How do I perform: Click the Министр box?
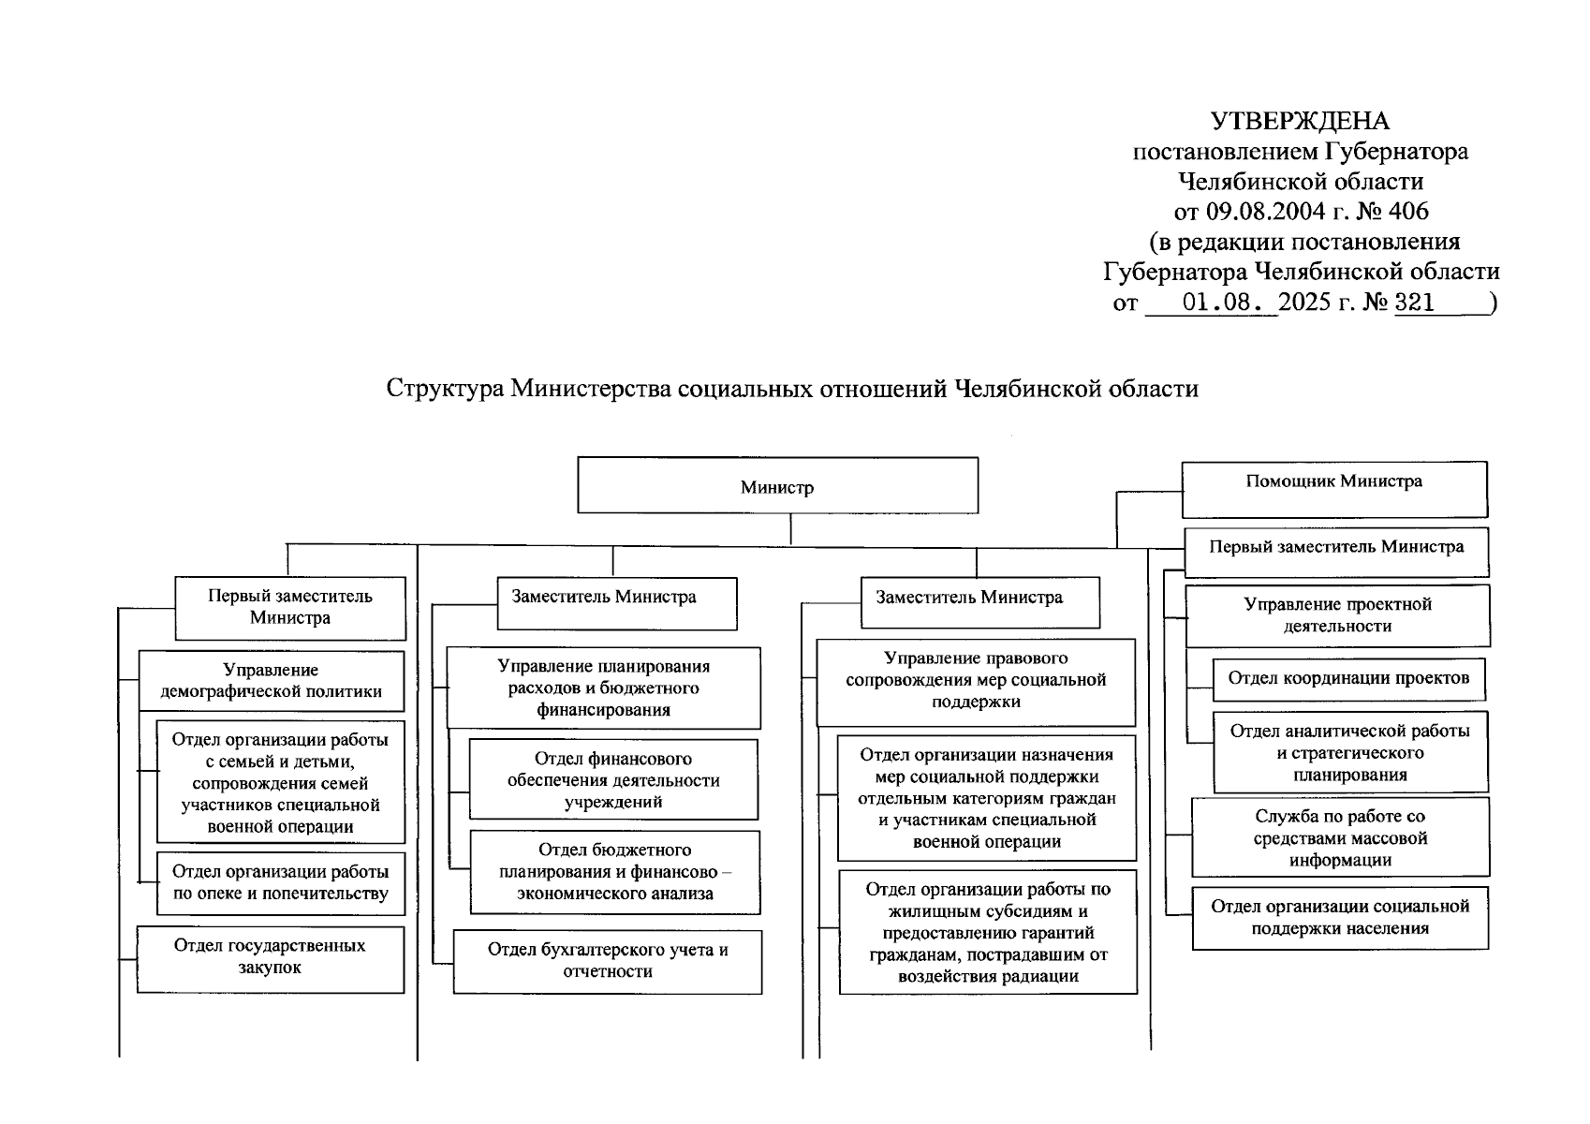(x=777, y=485)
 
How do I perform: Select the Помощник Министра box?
(x=1333, y=488)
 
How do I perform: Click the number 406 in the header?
(x=1408, y=212)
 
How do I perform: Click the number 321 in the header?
(x=1414, y=303)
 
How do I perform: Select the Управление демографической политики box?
(x=272, y=681)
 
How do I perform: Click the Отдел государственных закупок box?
(x=270, y=958)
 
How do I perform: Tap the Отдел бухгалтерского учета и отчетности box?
(x=608, y=961)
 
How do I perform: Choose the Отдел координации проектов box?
(x=1348, y=679)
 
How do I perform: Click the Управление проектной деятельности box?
(x=1337, y=615)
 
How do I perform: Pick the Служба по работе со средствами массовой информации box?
(x=1340, y=837)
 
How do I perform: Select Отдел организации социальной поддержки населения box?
(x=1340, y=917)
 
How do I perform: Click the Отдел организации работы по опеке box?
(x=281, y=882)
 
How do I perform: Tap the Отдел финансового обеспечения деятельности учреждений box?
(x=613, y=779)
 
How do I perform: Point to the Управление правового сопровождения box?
(x=976, y=681)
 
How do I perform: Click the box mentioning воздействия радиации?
(x=988, y=932)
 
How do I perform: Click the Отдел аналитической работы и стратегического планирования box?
(x=1349, y=752)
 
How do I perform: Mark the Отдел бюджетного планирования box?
(x=615, y=871)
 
